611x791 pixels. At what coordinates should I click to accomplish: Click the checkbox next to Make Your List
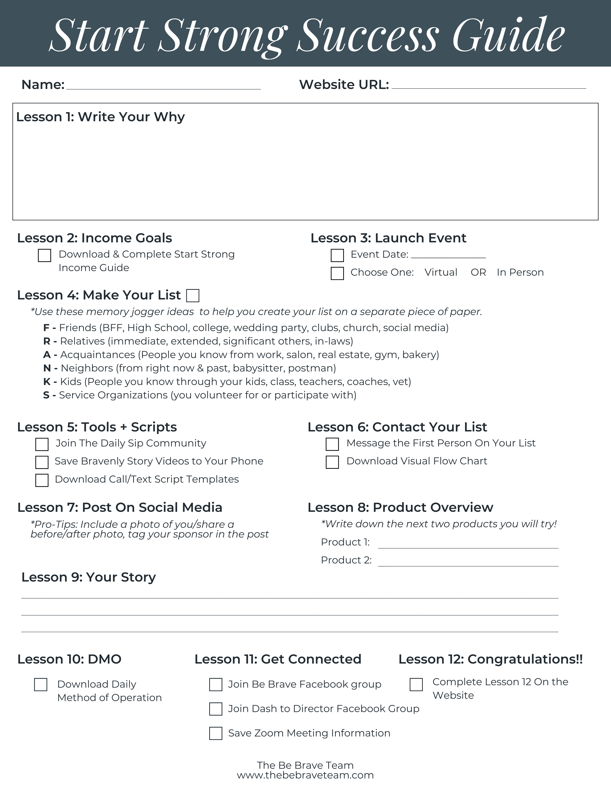[x=193, y=296]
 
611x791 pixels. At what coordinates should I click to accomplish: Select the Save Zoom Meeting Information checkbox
[x=216, y=733]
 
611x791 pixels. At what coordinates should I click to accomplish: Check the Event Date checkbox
[x=337, y=255]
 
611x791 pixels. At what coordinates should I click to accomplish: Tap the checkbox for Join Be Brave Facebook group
[x=216, y=685]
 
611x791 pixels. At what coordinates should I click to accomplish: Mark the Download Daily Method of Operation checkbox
[x=40, y=685]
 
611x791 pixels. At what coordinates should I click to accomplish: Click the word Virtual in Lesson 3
[x=441, y=272]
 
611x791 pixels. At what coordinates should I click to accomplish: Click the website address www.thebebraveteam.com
[x=305, y=775]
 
